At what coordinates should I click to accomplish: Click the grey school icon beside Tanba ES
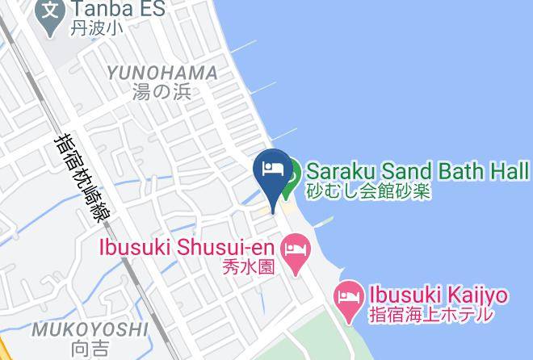click(51, 11)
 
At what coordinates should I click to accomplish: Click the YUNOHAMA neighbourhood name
click(163, 73)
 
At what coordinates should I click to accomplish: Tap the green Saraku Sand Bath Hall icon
click(292, 171)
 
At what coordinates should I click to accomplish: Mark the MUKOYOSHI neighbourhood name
click(90, 329)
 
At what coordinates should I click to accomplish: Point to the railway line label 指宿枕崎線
click(86, 171)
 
